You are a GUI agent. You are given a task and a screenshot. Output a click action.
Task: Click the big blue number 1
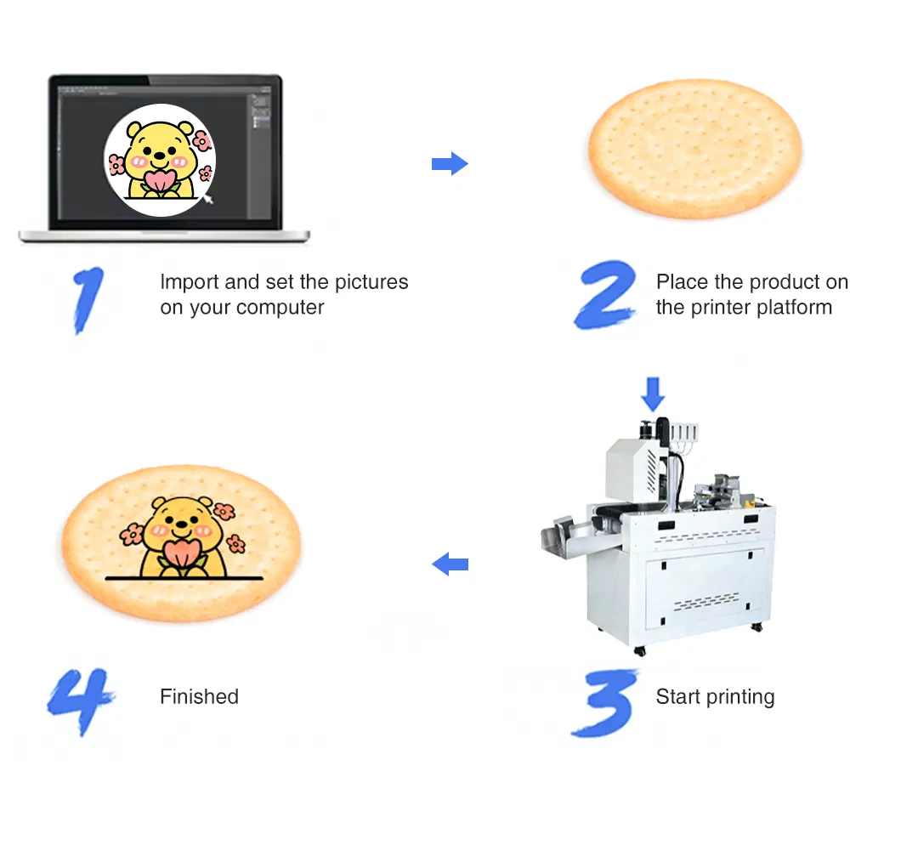88,298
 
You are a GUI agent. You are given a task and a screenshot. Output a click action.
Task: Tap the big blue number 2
606,295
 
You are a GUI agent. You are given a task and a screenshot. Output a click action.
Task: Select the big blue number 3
604,701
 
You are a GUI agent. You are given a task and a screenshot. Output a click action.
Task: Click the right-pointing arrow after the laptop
450,163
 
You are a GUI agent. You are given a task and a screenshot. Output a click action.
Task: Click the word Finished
199,697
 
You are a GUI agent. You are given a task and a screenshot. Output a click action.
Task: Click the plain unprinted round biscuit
695,150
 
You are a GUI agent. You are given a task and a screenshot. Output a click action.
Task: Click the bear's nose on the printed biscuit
180,528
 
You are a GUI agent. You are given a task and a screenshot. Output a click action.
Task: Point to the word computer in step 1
284,308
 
